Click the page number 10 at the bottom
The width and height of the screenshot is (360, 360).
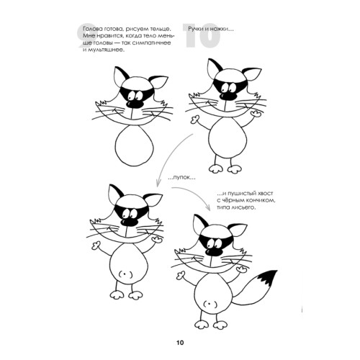pos(180,343)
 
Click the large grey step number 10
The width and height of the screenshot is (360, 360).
pos(201,35)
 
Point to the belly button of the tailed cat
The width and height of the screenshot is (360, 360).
pos(210,305)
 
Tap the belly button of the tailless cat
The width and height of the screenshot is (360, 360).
pos(125,274)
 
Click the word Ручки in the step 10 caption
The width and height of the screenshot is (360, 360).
pos(196,30)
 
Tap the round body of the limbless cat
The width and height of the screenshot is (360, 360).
pos(134,145)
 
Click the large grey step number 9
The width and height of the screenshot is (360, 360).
pos(87,35)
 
